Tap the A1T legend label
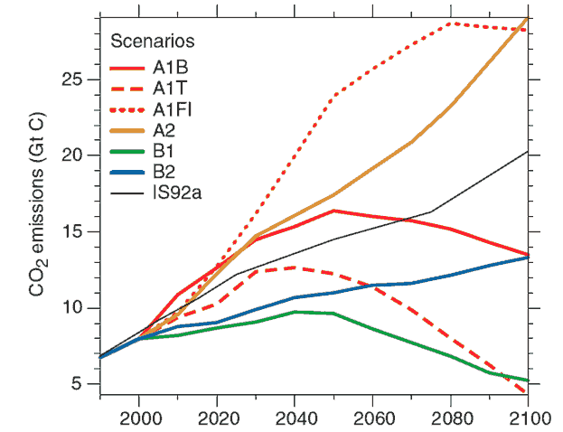pos(171,87)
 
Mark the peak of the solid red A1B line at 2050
pos(333,211)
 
